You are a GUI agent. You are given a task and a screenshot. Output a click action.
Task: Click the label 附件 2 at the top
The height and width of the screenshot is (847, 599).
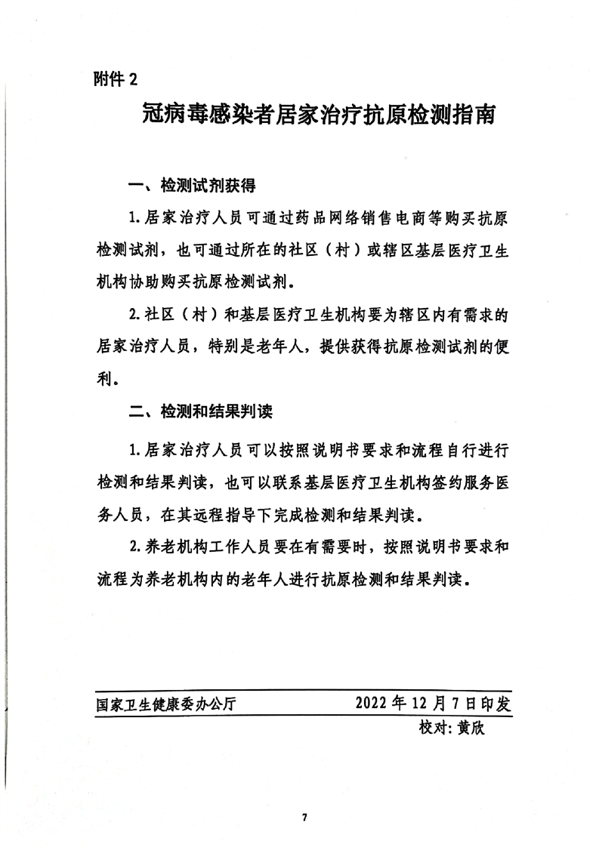point(116,78)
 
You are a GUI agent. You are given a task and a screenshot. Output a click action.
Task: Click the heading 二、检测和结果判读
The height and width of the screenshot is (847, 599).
point(200,412)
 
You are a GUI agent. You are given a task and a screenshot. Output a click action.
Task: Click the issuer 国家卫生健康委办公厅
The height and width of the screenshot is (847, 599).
point(167,704)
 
